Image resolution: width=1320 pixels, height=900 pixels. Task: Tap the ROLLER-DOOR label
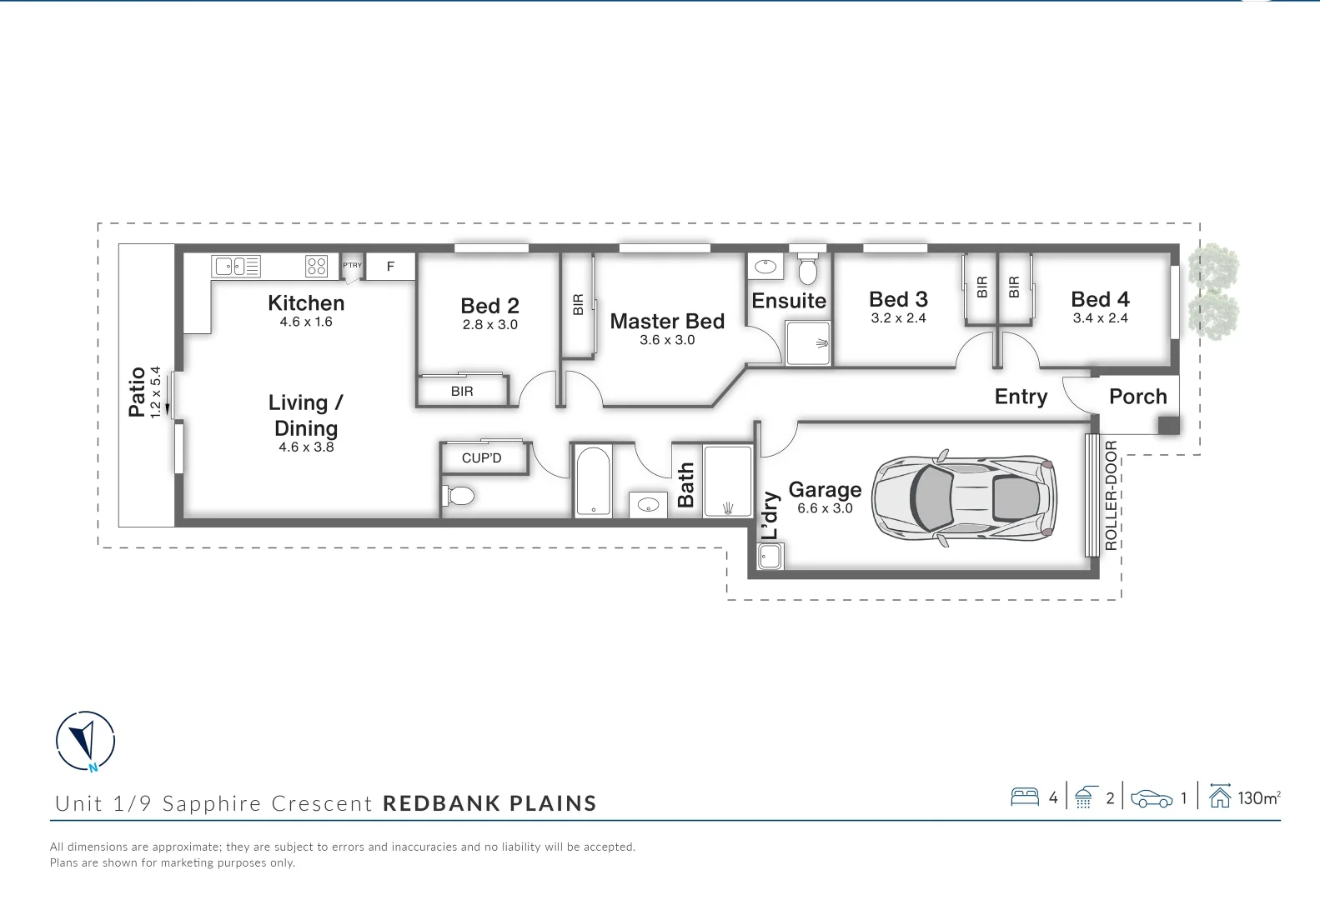point(1110,496)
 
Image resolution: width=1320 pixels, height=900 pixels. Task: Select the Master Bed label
point(667,321)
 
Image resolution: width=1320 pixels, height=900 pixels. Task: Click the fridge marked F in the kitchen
point(390,267)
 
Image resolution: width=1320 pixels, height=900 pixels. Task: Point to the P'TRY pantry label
point(352,265)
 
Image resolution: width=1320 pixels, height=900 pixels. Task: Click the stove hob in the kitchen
point(317,266)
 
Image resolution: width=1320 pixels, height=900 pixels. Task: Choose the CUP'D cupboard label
point(481,457)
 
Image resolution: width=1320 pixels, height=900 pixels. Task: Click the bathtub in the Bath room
point(593,482)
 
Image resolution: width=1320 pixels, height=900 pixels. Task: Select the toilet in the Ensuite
point(807,270)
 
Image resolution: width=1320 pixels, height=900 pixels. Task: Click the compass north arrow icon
point(85,740)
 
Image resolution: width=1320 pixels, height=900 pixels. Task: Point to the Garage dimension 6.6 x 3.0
point(825,508)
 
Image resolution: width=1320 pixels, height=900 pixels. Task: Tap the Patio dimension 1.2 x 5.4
point(155,392)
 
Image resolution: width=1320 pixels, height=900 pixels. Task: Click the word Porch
point(1137,397)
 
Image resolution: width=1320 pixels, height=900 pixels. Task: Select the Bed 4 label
point(1100,299)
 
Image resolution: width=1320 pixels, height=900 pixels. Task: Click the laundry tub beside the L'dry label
point(770,556)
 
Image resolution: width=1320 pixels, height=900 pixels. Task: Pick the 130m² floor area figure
point(1258,798)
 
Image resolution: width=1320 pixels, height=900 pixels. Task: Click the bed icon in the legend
point(1024,797)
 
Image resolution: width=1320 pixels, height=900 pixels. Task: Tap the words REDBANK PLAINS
point(489,803)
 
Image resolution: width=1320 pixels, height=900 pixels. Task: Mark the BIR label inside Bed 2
point(462,391)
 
